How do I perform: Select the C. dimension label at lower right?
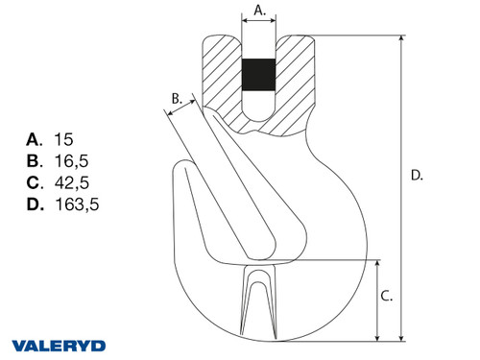(x=386, y=297)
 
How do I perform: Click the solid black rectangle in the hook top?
(x=258, y=75)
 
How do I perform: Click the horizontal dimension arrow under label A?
(x=258, y=19)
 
